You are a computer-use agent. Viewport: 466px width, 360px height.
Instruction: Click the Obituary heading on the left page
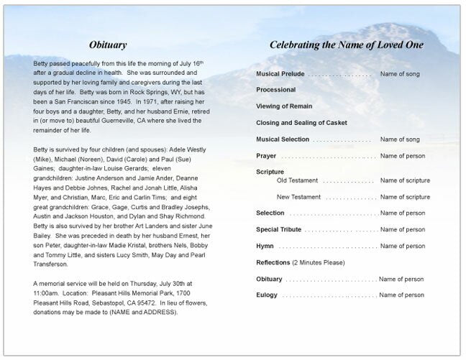point(110,45)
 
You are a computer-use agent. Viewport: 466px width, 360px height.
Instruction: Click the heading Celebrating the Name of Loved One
point(346,45)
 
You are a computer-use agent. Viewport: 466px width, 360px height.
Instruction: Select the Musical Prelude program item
point(280,74)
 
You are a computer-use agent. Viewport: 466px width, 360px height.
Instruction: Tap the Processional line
point(276,90)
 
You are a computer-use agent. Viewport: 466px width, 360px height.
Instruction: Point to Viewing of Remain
point(284,106)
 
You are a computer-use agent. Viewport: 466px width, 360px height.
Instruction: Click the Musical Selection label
point(283,139)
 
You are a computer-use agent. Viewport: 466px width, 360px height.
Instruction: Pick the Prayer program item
point(266,155)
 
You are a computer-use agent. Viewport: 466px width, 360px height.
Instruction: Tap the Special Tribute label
point(278,229)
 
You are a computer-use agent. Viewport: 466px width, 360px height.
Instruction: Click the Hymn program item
point(265,246)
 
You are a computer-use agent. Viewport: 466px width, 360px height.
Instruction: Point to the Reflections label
point(273,262)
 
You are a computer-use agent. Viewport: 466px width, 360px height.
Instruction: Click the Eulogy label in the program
point(267,295)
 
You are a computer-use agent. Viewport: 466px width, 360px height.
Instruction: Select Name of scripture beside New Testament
point(405,197)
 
